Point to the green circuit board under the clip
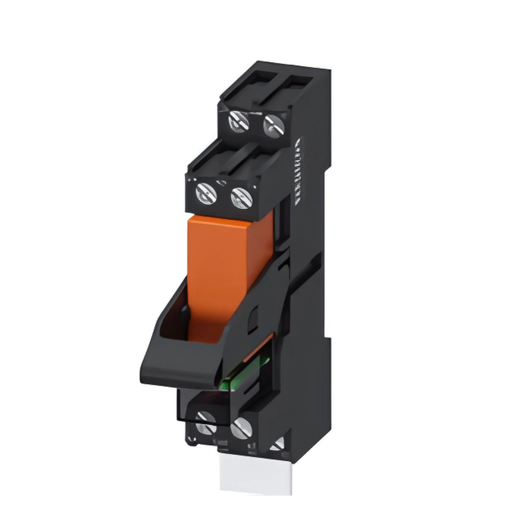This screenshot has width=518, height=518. (235, 380)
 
